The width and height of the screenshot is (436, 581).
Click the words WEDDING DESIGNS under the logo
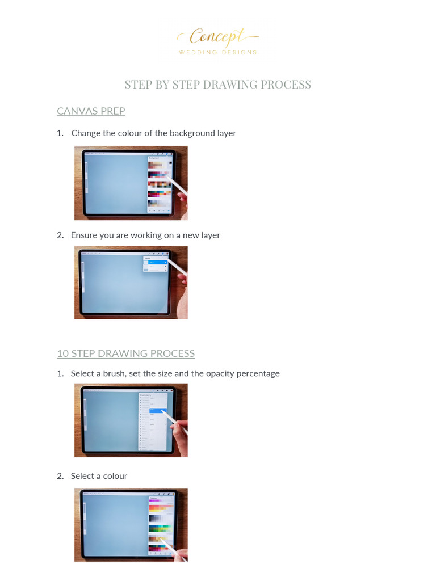coord(218,52)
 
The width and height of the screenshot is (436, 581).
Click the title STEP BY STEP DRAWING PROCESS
coord(218,85)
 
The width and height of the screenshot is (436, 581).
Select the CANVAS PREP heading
coord(91,111)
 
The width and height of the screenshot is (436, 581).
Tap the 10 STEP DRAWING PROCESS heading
coord(125,353)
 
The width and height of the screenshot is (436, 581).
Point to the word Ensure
coord(84,235)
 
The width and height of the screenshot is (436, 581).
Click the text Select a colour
coord(99,476)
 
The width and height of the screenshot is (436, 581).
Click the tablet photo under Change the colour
coord(131,183)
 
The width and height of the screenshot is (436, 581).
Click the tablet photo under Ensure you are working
coord(131,282)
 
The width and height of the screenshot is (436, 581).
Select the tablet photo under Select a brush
coord(131,420)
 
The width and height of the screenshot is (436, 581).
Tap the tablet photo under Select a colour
coord(131,524)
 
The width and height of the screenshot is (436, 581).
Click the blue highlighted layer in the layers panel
coord(155,263)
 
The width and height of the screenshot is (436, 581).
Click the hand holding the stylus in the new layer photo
coord(182,290)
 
